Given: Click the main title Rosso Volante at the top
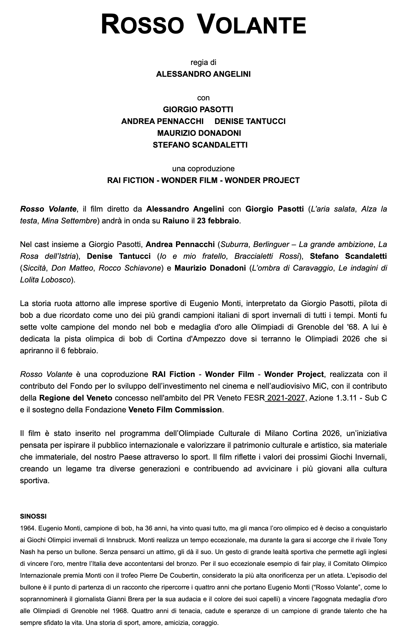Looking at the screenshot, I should pos(203,25).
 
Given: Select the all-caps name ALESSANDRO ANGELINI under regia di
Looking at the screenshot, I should pos(203,74).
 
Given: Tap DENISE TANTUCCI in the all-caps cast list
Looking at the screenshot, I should pos(250,121).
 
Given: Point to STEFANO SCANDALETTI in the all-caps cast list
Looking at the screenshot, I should pos(200,145).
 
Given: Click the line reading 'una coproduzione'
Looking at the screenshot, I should pos(203,169).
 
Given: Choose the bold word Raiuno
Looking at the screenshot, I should pos(176,221).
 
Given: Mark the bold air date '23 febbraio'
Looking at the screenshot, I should pos(218,221).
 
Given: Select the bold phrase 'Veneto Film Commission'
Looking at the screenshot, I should pos(175,410).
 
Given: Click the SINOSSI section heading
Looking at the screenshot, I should pos(33,516).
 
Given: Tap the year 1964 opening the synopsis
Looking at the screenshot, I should pos(27,528).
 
